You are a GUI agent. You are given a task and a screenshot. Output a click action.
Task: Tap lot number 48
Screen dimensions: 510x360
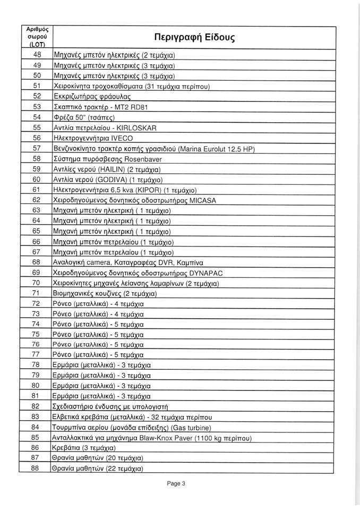(37, 55)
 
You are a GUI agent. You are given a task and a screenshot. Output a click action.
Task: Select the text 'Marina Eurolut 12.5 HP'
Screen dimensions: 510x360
(213, 148)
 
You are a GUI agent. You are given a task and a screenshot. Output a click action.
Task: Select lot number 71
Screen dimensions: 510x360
(37, 293)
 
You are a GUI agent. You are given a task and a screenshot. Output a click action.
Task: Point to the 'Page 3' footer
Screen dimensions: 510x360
(176, 484)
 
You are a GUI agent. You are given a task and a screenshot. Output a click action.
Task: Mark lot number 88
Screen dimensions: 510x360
(37, 469)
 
